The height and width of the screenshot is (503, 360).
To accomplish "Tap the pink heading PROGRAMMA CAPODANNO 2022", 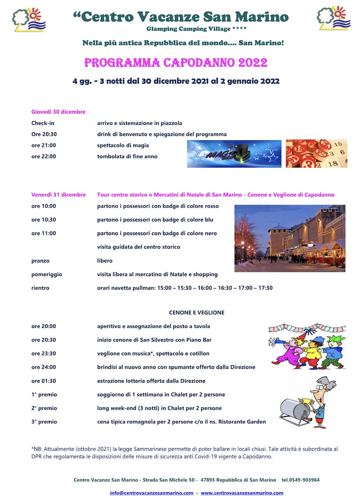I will [176, 63].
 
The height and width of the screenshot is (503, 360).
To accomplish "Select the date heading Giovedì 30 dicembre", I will [58, 112].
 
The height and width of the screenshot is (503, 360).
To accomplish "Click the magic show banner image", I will [234, 154].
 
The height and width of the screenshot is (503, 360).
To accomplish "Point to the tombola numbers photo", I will [316, 154].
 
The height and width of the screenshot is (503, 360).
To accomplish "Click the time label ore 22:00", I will [44, 157].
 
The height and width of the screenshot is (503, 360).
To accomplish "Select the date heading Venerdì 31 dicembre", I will [58, 195].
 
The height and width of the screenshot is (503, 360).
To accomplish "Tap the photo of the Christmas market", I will [290, 238].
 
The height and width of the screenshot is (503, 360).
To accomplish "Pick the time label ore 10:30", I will [44, 220].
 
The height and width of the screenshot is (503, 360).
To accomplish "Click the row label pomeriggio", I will [47, 274].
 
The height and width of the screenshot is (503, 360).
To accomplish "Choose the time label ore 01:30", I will [44, 381].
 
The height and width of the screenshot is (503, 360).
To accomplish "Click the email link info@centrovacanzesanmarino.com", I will [152, 493].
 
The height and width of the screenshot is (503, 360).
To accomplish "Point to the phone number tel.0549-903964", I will [301, 480].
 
